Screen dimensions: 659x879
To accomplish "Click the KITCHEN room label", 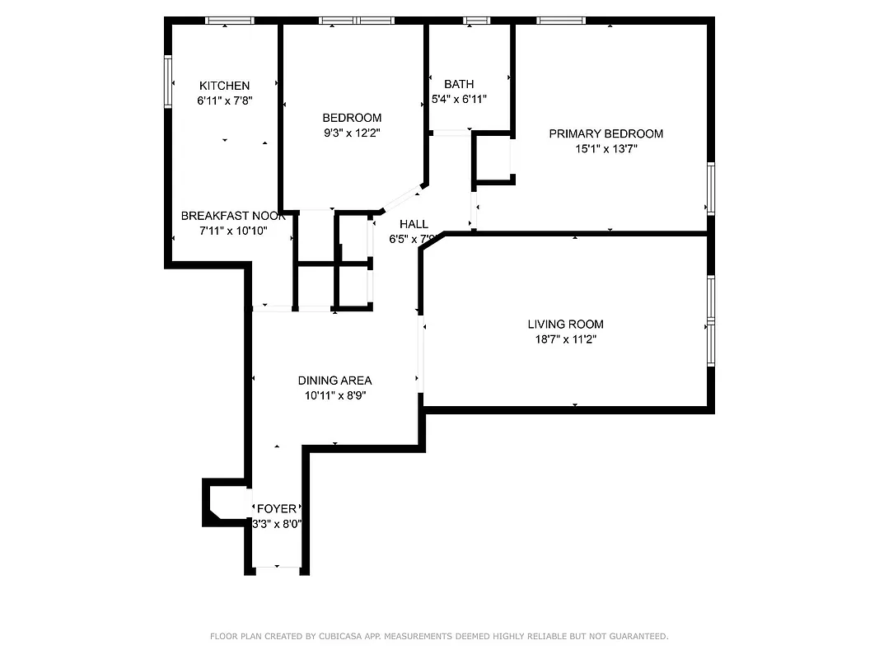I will pyautogui.click(x=224, y=86).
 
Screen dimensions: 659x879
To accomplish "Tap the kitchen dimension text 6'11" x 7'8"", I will pyautogui.click(x=224, y=100).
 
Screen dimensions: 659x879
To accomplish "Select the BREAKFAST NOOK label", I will pyautogui.click(x=233, y=216).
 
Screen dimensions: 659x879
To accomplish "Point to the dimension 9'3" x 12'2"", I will pyautogui.click(x=352, y=133).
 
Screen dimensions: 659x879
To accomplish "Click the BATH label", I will pyautogui.click(x=459, y=84).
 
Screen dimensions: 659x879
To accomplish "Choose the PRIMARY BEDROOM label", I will pyautogui.click(x=605, y=133).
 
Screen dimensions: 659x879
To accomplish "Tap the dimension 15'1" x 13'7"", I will pyautogui.click(x=606, y=149).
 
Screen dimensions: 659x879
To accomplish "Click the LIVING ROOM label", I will pyautogui.click(x=565, y=324).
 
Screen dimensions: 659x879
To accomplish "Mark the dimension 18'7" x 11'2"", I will pyautogui.click(x=565, y=339).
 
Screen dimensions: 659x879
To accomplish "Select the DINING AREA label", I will pyautogui.click(x=334, y=381).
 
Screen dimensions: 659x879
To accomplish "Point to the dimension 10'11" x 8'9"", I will pyautogui.click(x=334, y=395).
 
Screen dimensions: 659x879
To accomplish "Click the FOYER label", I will pyautogui.click(x=277, y=509).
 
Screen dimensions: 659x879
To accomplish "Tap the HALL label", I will pyautogui.click(x=414, y=224).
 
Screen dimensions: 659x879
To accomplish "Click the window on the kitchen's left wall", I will pyautogui.click(x=168, y=81).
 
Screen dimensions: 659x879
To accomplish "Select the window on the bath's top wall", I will pyautogui.click(x=476, y=21).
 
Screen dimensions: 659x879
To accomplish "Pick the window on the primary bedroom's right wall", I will pyautogui.click(x=710, y=189).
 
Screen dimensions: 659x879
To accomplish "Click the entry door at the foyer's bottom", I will pyautogui.click(x=277, y=568).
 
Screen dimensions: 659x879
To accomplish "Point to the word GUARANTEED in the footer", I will pyautogui.click(x=638, y=637).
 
